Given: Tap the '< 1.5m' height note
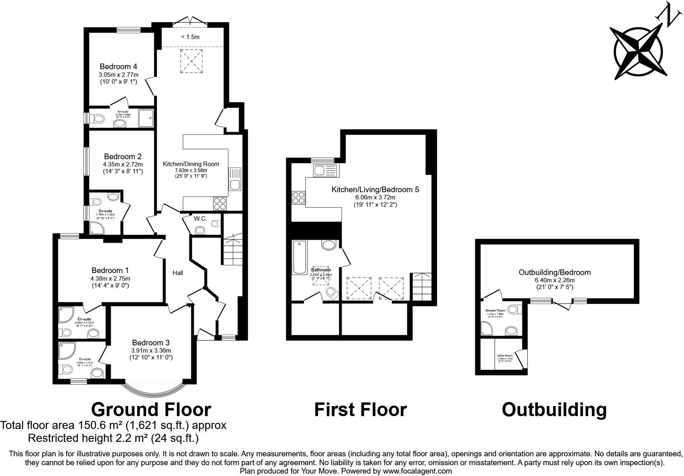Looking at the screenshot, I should (190, 37).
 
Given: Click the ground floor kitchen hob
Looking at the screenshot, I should (220, 204).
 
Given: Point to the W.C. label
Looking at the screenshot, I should (200, 219).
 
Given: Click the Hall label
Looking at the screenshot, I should (178, 273).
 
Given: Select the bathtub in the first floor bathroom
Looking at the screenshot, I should (299, 257).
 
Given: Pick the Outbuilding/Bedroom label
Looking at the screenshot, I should (554, 272).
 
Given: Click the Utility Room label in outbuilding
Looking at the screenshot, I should (505, 356).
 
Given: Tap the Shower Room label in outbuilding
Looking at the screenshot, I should (495, 311).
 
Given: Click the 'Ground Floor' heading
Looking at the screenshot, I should (151, 410).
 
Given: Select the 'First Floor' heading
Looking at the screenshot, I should (360, 410).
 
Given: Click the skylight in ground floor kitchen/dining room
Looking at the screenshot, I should (191, 61).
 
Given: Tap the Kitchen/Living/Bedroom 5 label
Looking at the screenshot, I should (375, 189).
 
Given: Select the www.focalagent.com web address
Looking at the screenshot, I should (417, 471).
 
